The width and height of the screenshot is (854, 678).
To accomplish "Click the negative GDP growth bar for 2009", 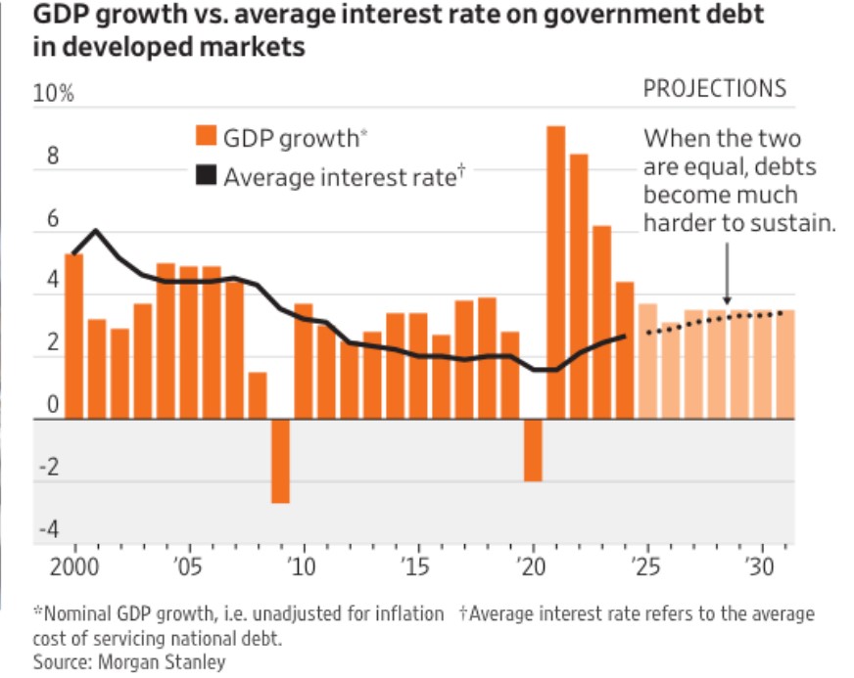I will click(280, 461).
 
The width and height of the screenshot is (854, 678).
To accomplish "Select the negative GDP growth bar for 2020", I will click(533, 450).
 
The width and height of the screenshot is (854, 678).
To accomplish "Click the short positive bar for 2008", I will click(258, 395).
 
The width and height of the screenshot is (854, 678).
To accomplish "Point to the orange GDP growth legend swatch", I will click(206, 136).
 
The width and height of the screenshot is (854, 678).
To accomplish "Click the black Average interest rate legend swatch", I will click(206, 176).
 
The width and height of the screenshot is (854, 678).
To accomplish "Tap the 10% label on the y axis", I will click(55, 95).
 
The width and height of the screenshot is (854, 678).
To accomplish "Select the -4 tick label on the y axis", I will click(49, 530).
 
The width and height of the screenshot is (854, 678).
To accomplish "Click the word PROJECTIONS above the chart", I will click(714, 88).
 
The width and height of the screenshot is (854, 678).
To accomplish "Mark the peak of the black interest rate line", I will click(96, 231).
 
